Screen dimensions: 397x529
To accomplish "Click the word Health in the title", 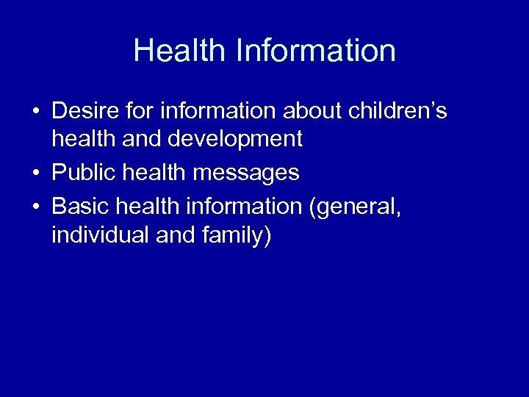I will coord(180,51).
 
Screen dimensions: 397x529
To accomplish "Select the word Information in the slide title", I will coord(316,51).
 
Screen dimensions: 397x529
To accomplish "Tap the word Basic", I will coord(81,207).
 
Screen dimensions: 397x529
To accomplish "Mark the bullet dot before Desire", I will coord(35,112).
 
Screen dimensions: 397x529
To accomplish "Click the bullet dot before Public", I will coord(35,174).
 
